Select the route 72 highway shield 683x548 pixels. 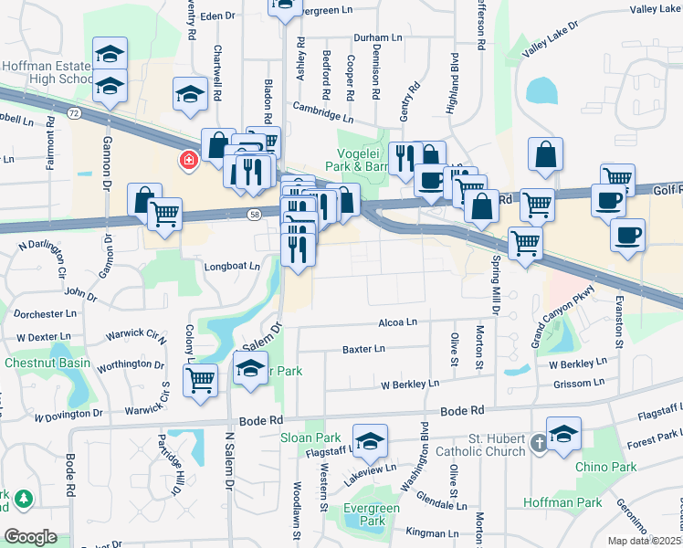tap(74, 111)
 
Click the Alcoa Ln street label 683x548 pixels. tap(398, 322)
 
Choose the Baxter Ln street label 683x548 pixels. tap(363, 349)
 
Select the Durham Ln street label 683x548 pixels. tap(378, 38)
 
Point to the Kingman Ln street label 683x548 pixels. tap(432, 532)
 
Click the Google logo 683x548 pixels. tap(30, 537)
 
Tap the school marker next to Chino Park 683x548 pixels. tap(563, 434)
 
